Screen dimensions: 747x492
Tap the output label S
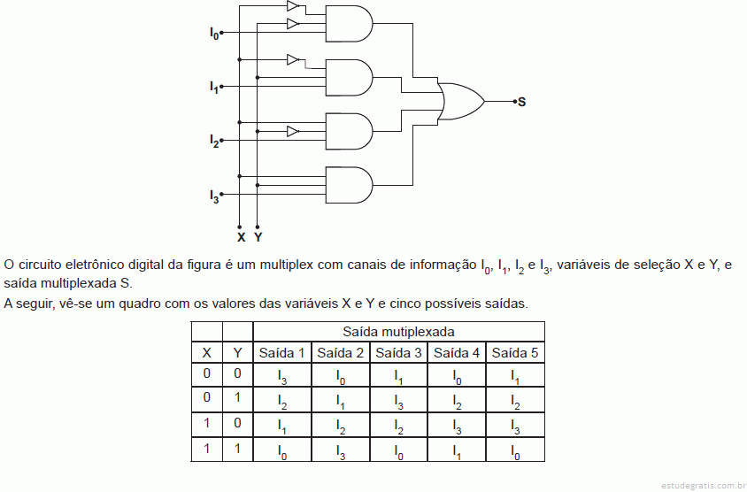[x=522, y=102]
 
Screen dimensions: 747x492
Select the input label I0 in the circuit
[x=214, y=34]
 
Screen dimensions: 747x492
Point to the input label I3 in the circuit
[x=214, y=196]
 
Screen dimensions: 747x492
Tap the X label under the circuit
[x=241, y=237]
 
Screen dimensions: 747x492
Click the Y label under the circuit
[x=258, y=237]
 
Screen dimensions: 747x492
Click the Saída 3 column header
[x=398, y=353]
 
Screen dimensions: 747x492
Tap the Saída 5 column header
[x=515, y=353]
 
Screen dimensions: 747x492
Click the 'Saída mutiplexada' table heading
[x=398, y=332]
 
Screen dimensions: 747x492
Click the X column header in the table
[x=207, y=353]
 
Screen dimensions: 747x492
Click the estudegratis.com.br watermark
[x=704, y=485]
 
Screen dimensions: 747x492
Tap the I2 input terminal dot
[x=221, y=141]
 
